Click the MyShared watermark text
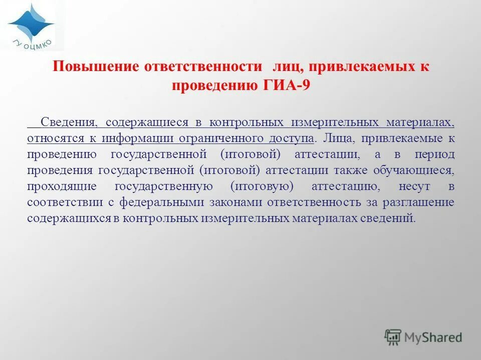(x=433, y=337)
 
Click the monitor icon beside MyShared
(x=393, y=337)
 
